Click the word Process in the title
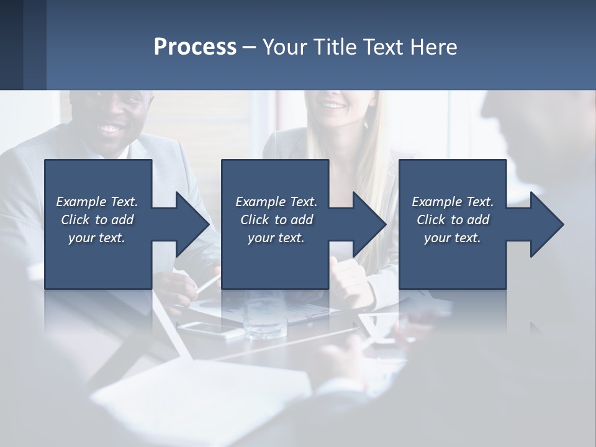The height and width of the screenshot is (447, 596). (195, 47)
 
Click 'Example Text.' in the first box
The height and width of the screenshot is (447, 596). (97, 202)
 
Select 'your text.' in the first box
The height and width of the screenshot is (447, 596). (97, 238)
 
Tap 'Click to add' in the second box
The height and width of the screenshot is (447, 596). (276, 220)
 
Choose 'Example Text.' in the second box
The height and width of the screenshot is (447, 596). (276, 202)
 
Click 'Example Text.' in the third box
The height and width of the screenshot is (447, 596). (453, 202)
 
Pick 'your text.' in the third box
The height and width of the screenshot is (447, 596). (453, 238)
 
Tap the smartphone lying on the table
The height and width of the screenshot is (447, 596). (211, 329)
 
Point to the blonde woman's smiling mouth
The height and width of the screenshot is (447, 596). (334, 106)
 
